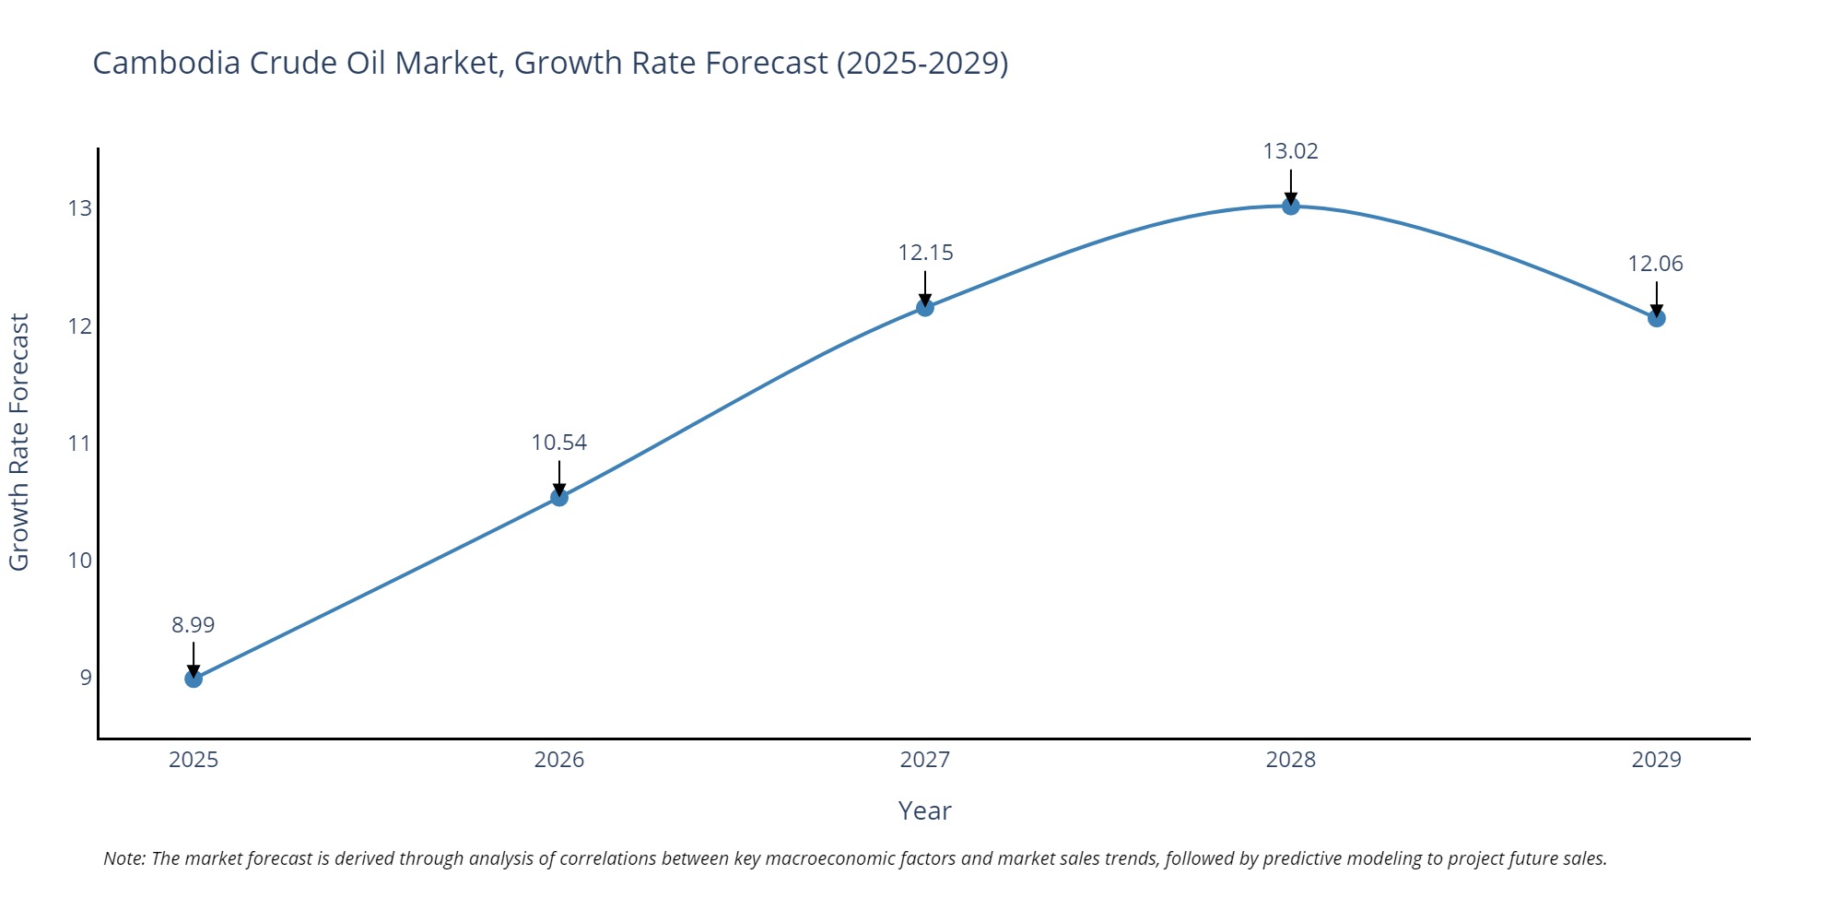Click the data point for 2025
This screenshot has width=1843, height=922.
tap(194, 679)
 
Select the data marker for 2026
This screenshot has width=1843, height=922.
tap(559, 498)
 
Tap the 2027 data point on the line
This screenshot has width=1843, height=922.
tap(925, 307)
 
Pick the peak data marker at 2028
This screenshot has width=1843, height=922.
tap(1291, 206)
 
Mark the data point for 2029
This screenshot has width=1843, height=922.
tap(1656, 318)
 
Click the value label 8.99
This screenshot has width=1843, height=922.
tap(194, 625)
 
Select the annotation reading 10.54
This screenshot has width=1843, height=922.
tap(559, 443)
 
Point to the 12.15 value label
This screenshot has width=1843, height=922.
tap(925, 253)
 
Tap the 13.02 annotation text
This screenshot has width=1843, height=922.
tap(1290, 151)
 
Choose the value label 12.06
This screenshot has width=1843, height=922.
tap(1655, 264)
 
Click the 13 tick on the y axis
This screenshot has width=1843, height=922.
tap(80, 208)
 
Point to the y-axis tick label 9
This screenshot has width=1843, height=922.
tap(86, 678)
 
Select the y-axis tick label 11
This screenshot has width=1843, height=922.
tap(80, 443)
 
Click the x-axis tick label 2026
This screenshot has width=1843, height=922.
tap(559, 760)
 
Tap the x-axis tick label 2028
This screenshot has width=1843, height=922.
tap(1290, 760)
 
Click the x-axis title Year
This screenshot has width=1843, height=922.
tap(924, 810)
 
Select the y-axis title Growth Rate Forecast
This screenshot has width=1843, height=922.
tap(19, 442)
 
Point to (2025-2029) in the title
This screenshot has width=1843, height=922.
tap(922, 63)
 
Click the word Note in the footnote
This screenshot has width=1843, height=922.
tap(123, 858)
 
